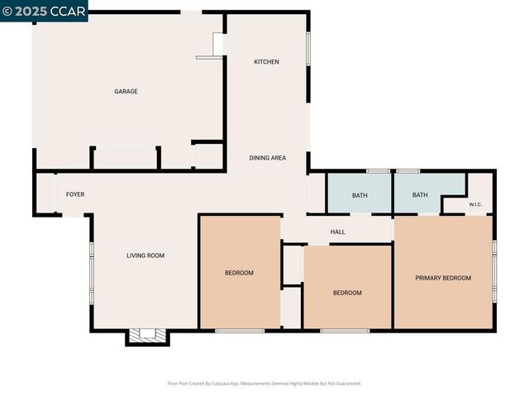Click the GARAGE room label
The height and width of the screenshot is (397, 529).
(x=126, y=91)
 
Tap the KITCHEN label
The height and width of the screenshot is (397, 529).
(x=266, y=62)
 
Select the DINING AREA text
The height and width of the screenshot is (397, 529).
(x=268, y=157)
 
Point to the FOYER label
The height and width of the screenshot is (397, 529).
(x=75, y=194)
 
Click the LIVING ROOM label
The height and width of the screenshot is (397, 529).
(x=145, y=256)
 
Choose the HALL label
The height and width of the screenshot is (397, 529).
(x=337, y=232)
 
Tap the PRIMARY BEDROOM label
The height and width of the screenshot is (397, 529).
(x=443, y=278)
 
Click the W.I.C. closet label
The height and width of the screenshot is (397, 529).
(x=475, y=204)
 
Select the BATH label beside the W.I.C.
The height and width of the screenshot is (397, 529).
(x=420, y=195)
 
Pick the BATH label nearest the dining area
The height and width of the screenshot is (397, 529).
(x=360, y=195)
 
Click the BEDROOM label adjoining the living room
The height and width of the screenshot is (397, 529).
(x=239, y=273)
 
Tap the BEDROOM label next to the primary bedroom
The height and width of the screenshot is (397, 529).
(x=347, y=293)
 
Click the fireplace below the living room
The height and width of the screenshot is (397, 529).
(x=147, y=335)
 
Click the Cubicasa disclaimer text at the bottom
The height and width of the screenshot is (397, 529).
(x=264, y=383)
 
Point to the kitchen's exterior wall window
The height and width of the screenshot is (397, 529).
(x=308, y=49)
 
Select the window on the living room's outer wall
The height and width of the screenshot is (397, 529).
(x=92, y=273)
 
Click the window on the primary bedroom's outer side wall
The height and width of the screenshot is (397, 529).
(x=493, y=273)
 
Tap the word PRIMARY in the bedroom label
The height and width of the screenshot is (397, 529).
(x=429, y=278)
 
